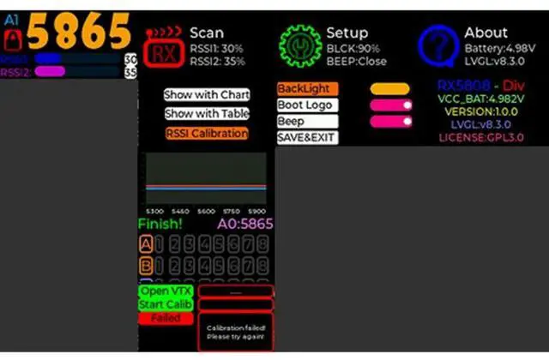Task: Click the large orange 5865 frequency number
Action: pos(80,32)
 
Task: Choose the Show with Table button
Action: pos(207,113)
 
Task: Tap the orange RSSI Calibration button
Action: pos(207,133)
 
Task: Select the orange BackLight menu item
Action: pos(308,88)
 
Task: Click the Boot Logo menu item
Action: pos(306,105)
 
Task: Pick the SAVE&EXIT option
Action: pos(306,137)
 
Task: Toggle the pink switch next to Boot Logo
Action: pos(390,105)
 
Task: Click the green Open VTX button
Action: pos(166,291)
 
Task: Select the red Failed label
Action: pos(166,318)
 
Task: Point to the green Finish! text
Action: pos(160,224)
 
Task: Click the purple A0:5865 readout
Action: pos(244,224)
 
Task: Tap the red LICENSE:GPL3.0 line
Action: pos(480,137)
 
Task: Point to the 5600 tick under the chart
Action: pos(207,210)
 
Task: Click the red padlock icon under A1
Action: pos(13,39)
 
